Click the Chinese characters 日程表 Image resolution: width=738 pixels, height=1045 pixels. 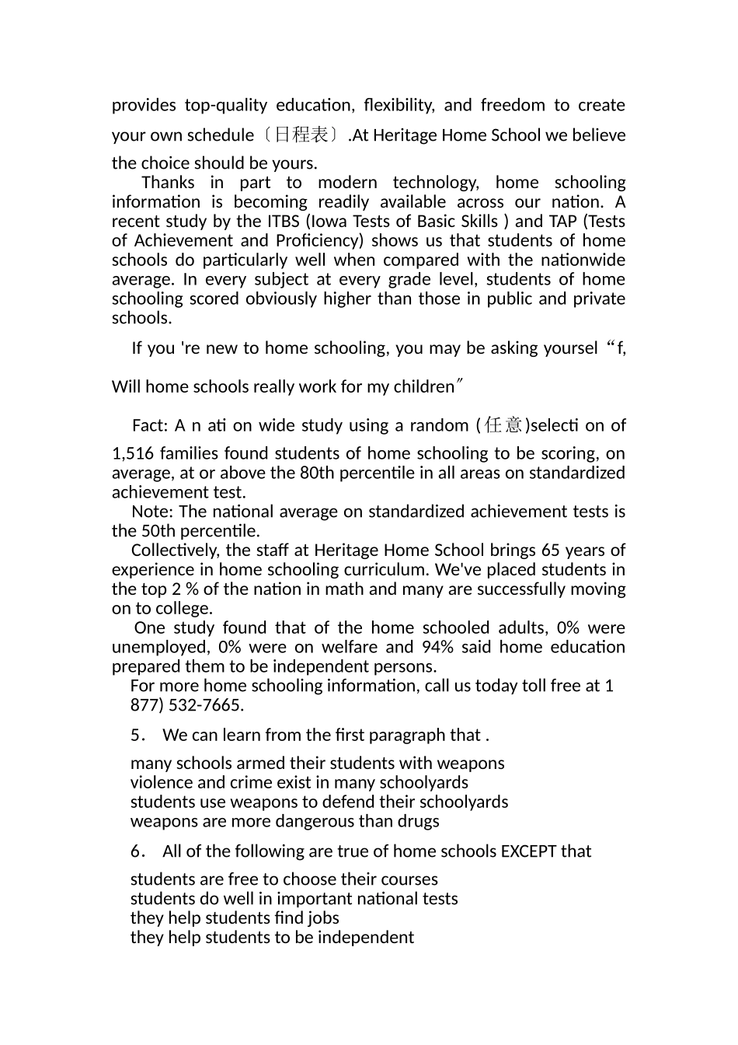tap(301, 135)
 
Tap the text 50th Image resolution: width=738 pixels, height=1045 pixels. tap(158, 532)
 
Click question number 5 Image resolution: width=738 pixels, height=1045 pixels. tap(138, 736)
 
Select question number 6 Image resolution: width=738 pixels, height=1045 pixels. tap(138, 852)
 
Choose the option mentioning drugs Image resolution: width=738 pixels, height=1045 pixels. tap(284, 822)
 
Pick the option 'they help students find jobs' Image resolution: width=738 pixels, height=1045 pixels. tap(235, 918)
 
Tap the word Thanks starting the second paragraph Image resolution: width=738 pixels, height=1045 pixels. tap(168, 183)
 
